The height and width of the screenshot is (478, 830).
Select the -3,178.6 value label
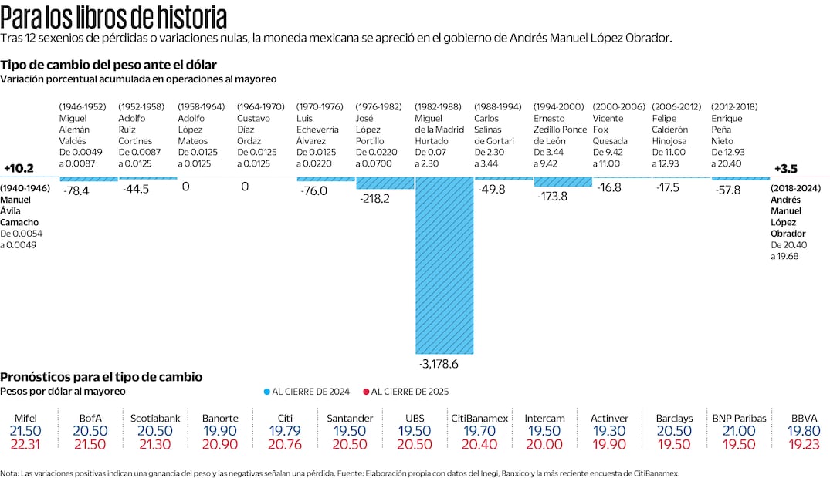pyautogui.click(x=444, y=363)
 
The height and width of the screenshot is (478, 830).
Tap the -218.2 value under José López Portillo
pyautogui.click(x=375, y=198)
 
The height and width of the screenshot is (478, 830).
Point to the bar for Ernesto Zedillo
pyautogui.click(x=563, y=182)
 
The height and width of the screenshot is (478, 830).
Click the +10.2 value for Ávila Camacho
pyautogui.click(x=18, y=168)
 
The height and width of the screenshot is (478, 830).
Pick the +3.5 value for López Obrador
pyautogui.click(x=785, y=168)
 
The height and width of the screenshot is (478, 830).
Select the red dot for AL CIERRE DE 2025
pyautogui.click(x=366, y=392)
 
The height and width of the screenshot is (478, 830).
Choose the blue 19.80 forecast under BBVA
pyautogui.click(x=804, y=430)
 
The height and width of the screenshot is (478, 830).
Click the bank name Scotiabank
pyautogui.click(x=155, y=418)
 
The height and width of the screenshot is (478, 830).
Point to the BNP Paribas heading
pyautogui.click(x=739, y=418)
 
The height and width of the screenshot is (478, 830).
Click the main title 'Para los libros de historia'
pyautogui.click(x=114, y=16)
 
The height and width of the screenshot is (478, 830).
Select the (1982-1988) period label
pyautogui.click(x=438, y=106)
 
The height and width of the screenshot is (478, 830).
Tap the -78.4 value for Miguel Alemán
pyautogui.click(x=76, y=190)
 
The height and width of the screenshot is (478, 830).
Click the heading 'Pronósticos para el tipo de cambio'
pyautogui.click(x=101, y=376)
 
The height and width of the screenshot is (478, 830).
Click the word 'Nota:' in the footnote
pyautogui.click(x=10, y=473)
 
